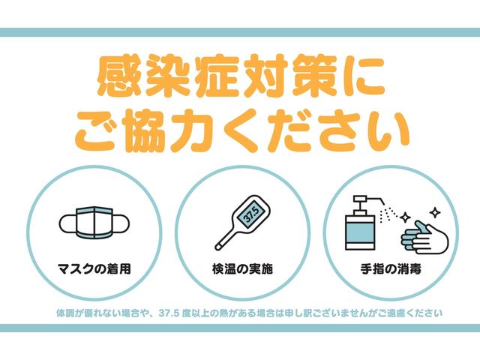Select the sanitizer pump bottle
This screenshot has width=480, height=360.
click(361, 226)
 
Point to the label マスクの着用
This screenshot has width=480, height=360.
click(94, 268)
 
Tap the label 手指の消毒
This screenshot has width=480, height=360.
click(388, 268)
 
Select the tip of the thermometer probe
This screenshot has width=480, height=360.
click(218, 247)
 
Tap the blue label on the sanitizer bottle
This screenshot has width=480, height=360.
click(361, 237)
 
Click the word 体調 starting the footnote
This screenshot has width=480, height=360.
click(64, 311)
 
